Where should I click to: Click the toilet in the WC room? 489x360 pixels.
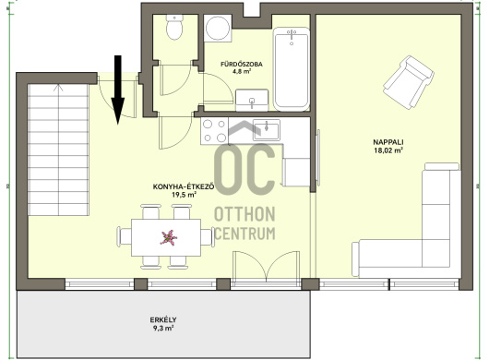174,28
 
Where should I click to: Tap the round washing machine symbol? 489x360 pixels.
218,28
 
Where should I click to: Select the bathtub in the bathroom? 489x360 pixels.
292,69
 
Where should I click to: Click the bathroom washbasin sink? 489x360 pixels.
252,100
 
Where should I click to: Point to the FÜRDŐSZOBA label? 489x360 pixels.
242,65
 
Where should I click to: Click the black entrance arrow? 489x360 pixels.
117,90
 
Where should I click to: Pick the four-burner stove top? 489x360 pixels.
214,131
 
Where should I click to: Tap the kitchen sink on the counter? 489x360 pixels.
267,130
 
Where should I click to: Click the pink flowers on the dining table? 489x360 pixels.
169,237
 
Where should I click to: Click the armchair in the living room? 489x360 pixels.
408,82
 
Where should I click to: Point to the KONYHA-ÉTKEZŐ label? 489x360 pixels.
184,186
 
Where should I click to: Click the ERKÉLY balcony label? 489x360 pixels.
163,319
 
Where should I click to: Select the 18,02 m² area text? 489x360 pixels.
388,150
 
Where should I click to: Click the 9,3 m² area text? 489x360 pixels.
163,329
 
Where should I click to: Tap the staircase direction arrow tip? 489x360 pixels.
58,85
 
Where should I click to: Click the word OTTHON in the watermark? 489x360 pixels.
244,214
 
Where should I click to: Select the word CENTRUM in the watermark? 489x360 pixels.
244,233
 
